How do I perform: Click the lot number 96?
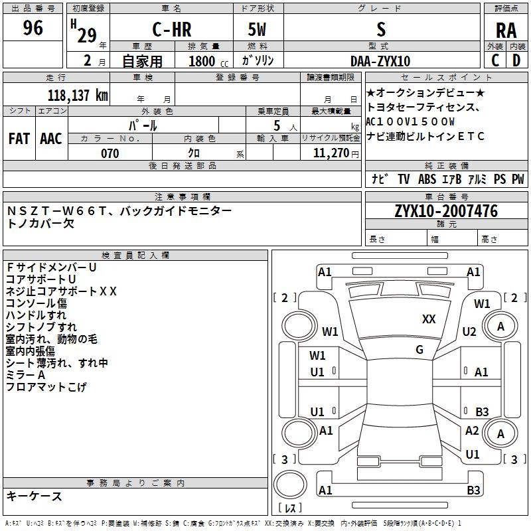click(x=33, y=29)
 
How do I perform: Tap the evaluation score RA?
click(x=506, y=31)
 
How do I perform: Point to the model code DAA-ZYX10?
click(x=380, y=61)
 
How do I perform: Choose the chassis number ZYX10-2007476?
click(x=446, y=211)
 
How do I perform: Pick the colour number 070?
click(x=110, y=153)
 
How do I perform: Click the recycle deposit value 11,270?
click(x=331, y=153)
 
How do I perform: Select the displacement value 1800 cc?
click(x=204, y=61)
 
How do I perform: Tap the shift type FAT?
click(x=19, y=138)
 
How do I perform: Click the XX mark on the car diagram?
click(x=429, y=319)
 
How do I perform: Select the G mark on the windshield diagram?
click(x=419, y=350)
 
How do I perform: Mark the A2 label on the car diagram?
click(x=472, y=431)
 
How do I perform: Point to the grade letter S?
click(x=380, y=29)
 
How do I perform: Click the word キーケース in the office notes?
click(x=35, y=496)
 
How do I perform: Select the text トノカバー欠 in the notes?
click(x=40, y=223)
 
